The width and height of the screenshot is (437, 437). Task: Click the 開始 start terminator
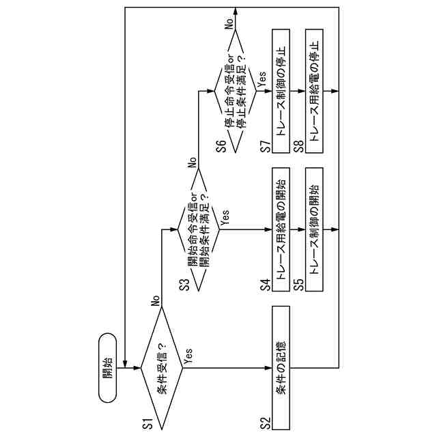click(x=108, y=367)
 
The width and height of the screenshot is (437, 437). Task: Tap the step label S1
click(x=147, y=423)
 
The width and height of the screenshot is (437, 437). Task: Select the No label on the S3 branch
click(x=193, y=163)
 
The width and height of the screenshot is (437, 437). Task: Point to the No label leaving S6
click(x=230, y=22)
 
